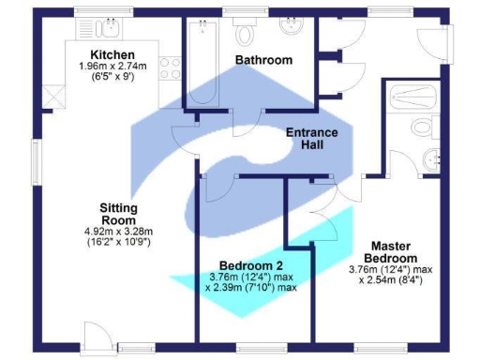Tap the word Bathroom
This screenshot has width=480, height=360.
(x=263, y=60)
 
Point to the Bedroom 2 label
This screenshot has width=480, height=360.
(x=249, y=263)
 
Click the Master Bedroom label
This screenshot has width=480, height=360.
(x=387, y=250)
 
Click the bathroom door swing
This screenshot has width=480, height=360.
(x=247, y=121)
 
